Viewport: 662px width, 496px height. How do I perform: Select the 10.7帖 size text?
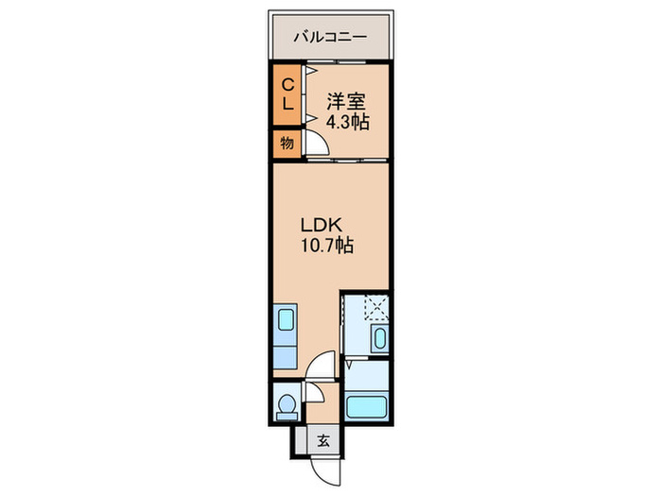coord(327,247)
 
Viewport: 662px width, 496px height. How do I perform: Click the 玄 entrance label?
coord(322,439)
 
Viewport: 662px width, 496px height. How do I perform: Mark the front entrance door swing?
coord(323,468)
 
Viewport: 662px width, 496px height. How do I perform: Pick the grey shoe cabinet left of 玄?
coord(301,439)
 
